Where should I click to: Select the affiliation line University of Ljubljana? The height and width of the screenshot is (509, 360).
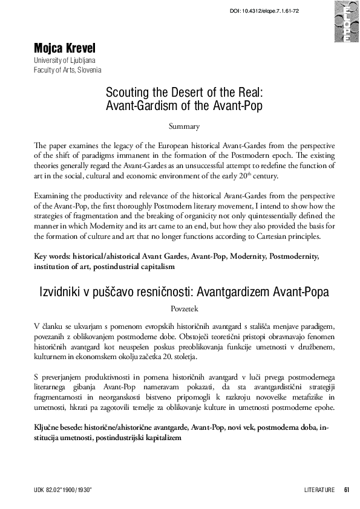click(x=65, y=61)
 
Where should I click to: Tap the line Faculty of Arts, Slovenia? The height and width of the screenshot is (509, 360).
click(x=68, y=70)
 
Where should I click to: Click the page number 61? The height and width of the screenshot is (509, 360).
click(x=346, y=489)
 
